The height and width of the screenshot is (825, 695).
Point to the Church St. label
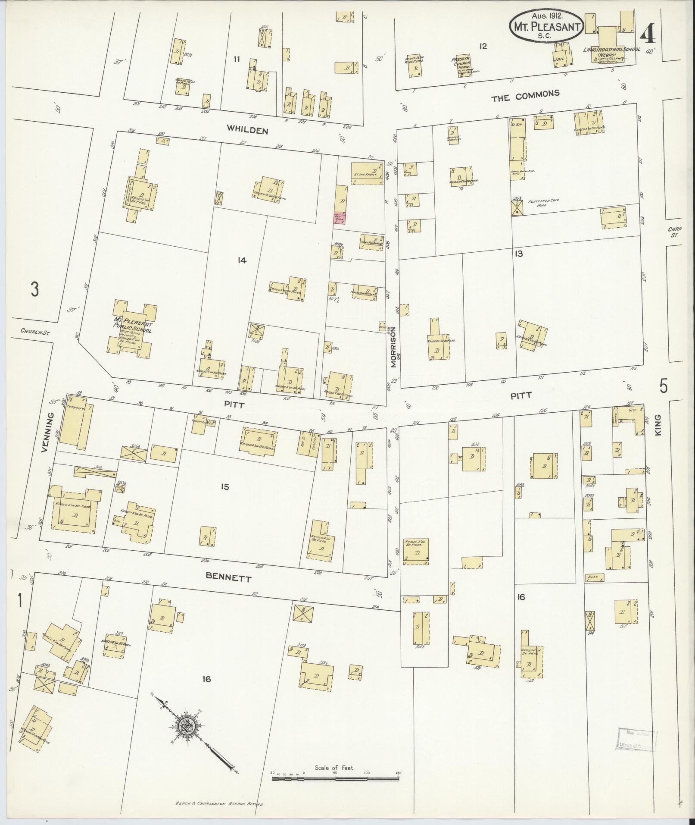point(33,331)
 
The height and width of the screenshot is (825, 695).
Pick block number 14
point(242,260)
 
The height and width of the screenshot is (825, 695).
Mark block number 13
point(518,254)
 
